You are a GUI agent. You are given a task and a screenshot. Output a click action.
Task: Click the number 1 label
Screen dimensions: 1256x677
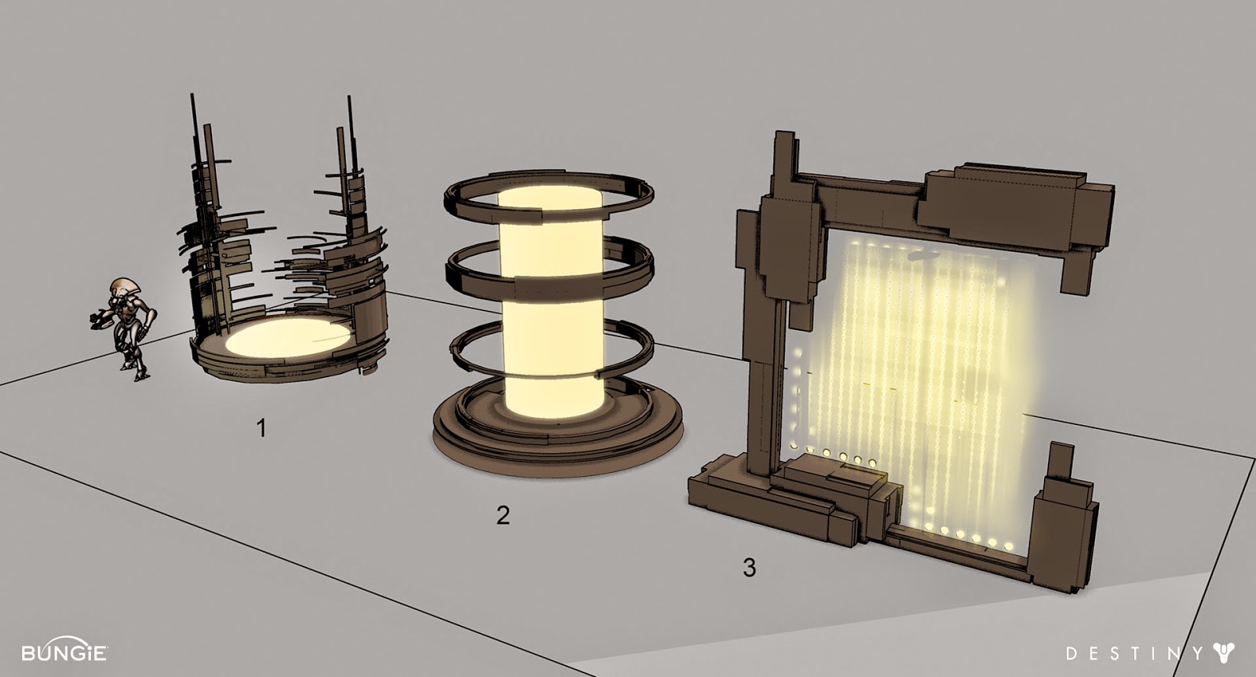pos(261,428)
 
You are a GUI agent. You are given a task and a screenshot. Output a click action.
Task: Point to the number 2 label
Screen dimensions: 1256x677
pos(503,515)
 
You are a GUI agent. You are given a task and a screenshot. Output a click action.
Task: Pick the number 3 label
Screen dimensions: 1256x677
pos(749,567)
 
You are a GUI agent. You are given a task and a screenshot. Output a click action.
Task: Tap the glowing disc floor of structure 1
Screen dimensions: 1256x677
pos(290,337)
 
